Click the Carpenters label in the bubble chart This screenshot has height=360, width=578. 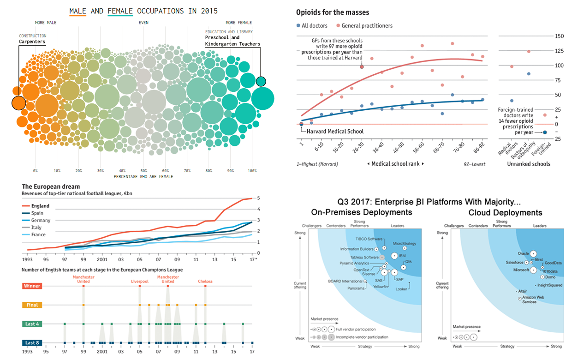coord(32,42)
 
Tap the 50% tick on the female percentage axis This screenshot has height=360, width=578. coord(144,171)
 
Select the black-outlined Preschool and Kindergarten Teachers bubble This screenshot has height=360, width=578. coord(261,82)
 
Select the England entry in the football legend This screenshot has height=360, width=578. coord(40,206)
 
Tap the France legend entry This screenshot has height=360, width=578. coord(38,234)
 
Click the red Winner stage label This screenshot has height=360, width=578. coord(32,286)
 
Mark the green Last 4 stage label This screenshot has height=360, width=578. coord(32,324)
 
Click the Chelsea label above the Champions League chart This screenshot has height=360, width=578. coord(205,281)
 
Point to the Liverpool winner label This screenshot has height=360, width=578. coord(139,281)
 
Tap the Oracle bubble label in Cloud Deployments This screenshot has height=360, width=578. coord(523,253)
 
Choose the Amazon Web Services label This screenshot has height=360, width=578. coord(533,300)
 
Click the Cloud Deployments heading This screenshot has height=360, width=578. coord(505,213)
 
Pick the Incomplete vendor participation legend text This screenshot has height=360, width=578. coord(362,337)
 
